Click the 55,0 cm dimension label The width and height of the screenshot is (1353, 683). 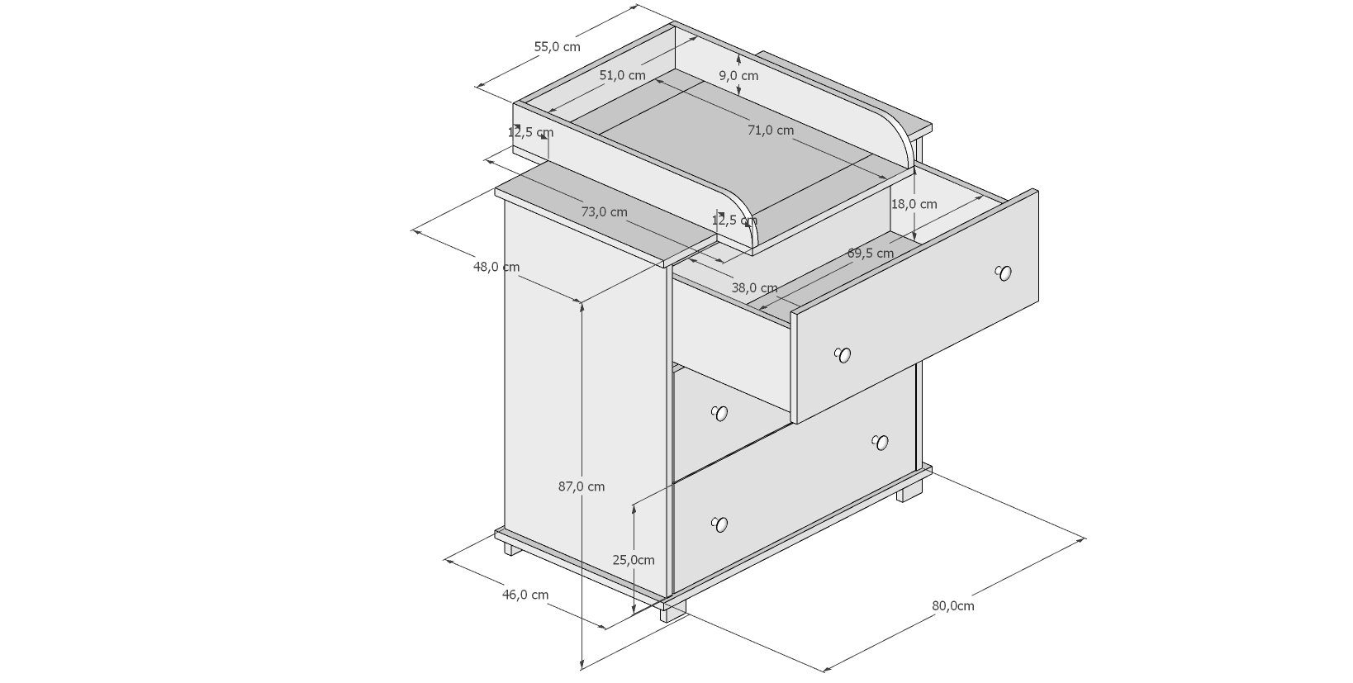coord(557,47)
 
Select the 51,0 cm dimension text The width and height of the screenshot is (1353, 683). coord(622,75)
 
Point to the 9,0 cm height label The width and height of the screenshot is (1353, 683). coord(738,76)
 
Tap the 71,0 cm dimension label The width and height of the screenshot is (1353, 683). coord(771,130)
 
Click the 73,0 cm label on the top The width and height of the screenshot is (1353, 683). coord(604,212)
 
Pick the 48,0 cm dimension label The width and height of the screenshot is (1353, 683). coord(496,267)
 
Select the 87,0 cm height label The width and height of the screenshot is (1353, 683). coord(582,486)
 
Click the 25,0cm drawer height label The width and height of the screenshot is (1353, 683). coord(633,560)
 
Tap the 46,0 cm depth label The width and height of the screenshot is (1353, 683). coord(525,595)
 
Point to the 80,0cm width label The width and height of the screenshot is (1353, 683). coord(953,605)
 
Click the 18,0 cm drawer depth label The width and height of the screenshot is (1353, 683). coord(914,204)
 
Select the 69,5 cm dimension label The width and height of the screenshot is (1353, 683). coord(871,254)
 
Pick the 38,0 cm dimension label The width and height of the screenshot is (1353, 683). coord(754,288)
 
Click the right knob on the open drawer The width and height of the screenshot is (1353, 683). coord(1004,273)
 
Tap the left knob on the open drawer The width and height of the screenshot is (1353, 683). coord(842,355)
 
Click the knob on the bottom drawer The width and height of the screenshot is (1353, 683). coord(719,524)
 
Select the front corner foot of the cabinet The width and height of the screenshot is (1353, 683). coord(672,612)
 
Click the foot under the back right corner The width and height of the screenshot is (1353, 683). coord(910,492)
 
